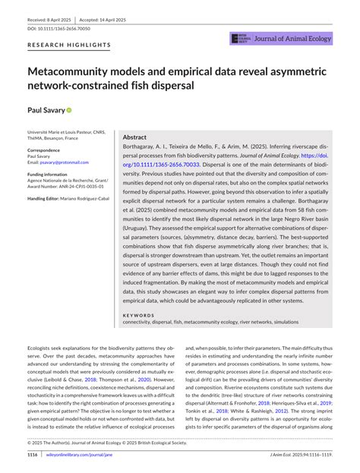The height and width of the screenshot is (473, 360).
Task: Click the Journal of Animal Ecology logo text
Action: point(295,39)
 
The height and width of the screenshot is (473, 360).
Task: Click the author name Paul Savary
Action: point(45,110)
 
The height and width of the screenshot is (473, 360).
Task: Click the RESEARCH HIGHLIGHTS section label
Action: point(69,46)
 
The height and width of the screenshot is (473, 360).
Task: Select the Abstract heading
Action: point(134,137)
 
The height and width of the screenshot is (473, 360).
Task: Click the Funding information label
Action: point(54,174)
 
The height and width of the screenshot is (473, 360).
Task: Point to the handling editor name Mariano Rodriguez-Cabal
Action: point(86,198)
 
